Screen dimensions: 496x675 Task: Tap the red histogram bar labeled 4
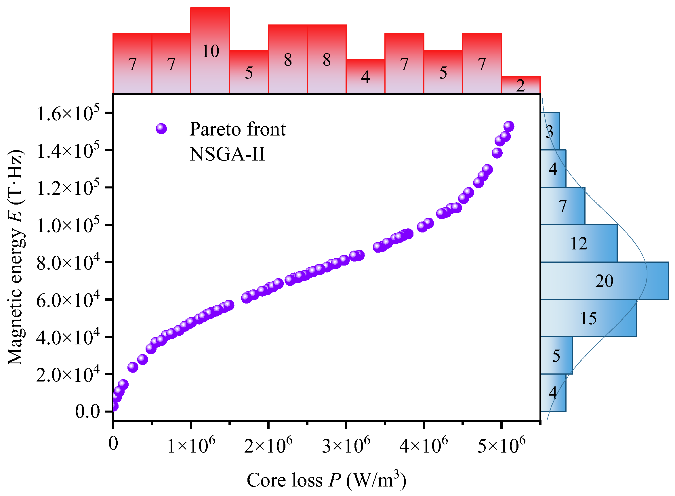(x=365, y=77)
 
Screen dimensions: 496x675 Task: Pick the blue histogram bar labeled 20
(x=604, y=281)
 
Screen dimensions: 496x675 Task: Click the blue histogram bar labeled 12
(x=578, y=243)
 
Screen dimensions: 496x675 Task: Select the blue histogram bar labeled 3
(x=550, y=131)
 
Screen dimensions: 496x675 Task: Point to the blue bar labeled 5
(x=556, y=356)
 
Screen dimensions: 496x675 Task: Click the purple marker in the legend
(x=161, y=129)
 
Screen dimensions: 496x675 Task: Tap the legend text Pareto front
(x=237, y=129)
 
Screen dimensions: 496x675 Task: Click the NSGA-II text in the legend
(x=227, y=154)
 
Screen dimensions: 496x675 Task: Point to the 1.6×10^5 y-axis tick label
(x=68, y=113)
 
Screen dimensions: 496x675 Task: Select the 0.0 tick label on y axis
(x=87, y=411)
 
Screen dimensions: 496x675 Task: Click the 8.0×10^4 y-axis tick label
(x=68, y=263)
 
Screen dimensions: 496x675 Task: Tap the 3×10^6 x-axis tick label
(x=346, y=445)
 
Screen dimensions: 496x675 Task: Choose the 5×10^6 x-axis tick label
(x=501, y=445)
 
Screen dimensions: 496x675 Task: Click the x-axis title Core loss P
(x=326, y=480)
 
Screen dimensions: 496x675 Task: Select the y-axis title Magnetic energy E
(x=16, y=257)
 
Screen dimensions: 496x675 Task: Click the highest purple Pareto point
(x=509, y=126)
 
